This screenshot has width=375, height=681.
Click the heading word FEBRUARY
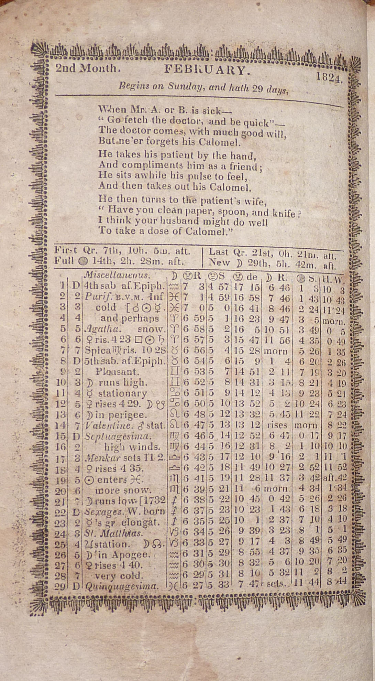click(x=206, y=70)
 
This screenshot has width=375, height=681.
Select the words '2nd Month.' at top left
click(x=88, y=68)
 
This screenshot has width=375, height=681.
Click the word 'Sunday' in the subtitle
click(x=185, y=86)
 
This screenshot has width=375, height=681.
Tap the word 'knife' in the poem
click(x=284, y=214)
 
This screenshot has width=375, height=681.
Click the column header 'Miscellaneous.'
click(x=117, y=275)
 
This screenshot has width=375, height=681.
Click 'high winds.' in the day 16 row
click(x=132, y=447)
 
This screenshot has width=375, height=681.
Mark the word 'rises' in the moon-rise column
click(x=277, y=425)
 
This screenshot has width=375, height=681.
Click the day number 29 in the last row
click(x=60, y=587)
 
